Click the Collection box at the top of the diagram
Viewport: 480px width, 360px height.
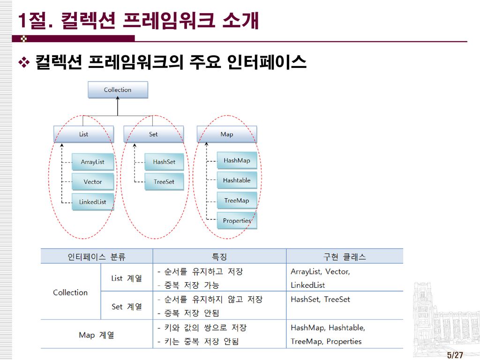point(118,90)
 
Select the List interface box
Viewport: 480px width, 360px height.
point(83,135)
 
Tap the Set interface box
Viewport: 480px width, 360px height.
point(153,135)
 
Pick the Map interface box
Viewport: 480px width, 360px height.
point(226,135)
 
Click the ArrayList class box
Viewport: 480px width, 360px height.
point(92,162)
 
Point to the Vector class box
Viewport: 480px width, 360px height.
point(92,182)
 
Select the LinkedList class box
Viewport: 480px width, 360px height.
point(92,202)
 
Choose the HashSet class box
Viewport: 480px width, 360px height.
point(164,162)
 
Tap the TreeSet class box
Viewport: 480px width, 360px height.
point(164,182)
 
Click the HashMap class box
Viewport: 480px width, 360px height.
point(237,160)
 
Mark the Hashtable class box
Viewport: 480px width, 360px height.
point(237,180)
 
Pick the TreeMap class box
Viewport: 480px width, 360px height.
point(237,201)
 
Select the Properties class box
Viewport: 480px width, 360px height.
point(237,221)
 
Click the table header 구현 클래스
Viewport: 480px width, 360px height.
point(345,256)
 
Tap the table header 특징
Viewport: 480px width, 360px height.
point(219,256)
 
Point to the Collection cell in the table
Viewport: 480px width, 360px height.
point(70,292)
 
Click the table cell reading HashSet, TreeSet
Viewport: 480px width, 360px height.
point(321,300)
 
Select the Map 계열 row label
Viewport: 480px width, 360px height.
point(96,335)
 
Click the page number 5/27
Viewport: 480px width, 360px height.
point(455,355)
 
